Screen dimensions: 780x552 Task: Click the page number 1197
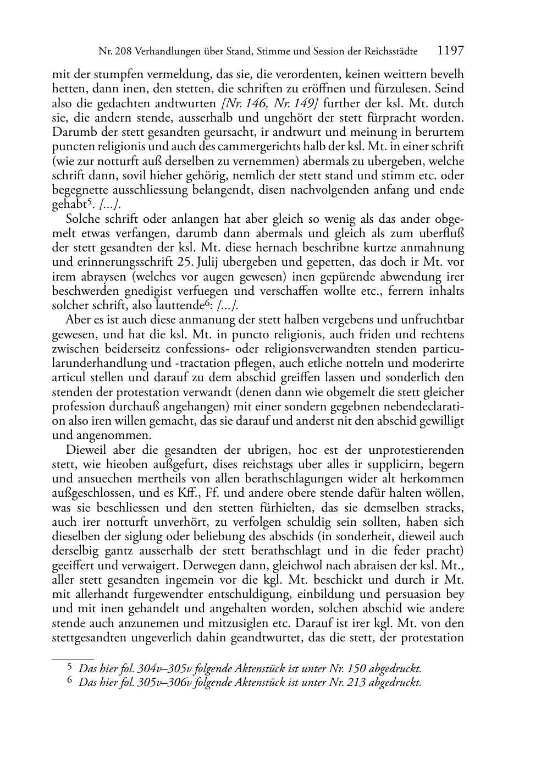pos(451,51)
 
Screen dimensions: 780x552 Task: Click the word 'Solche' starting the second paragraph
pos(81,219)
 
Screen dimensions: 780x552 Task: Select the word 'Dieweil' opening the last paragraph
pos(84,450)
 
